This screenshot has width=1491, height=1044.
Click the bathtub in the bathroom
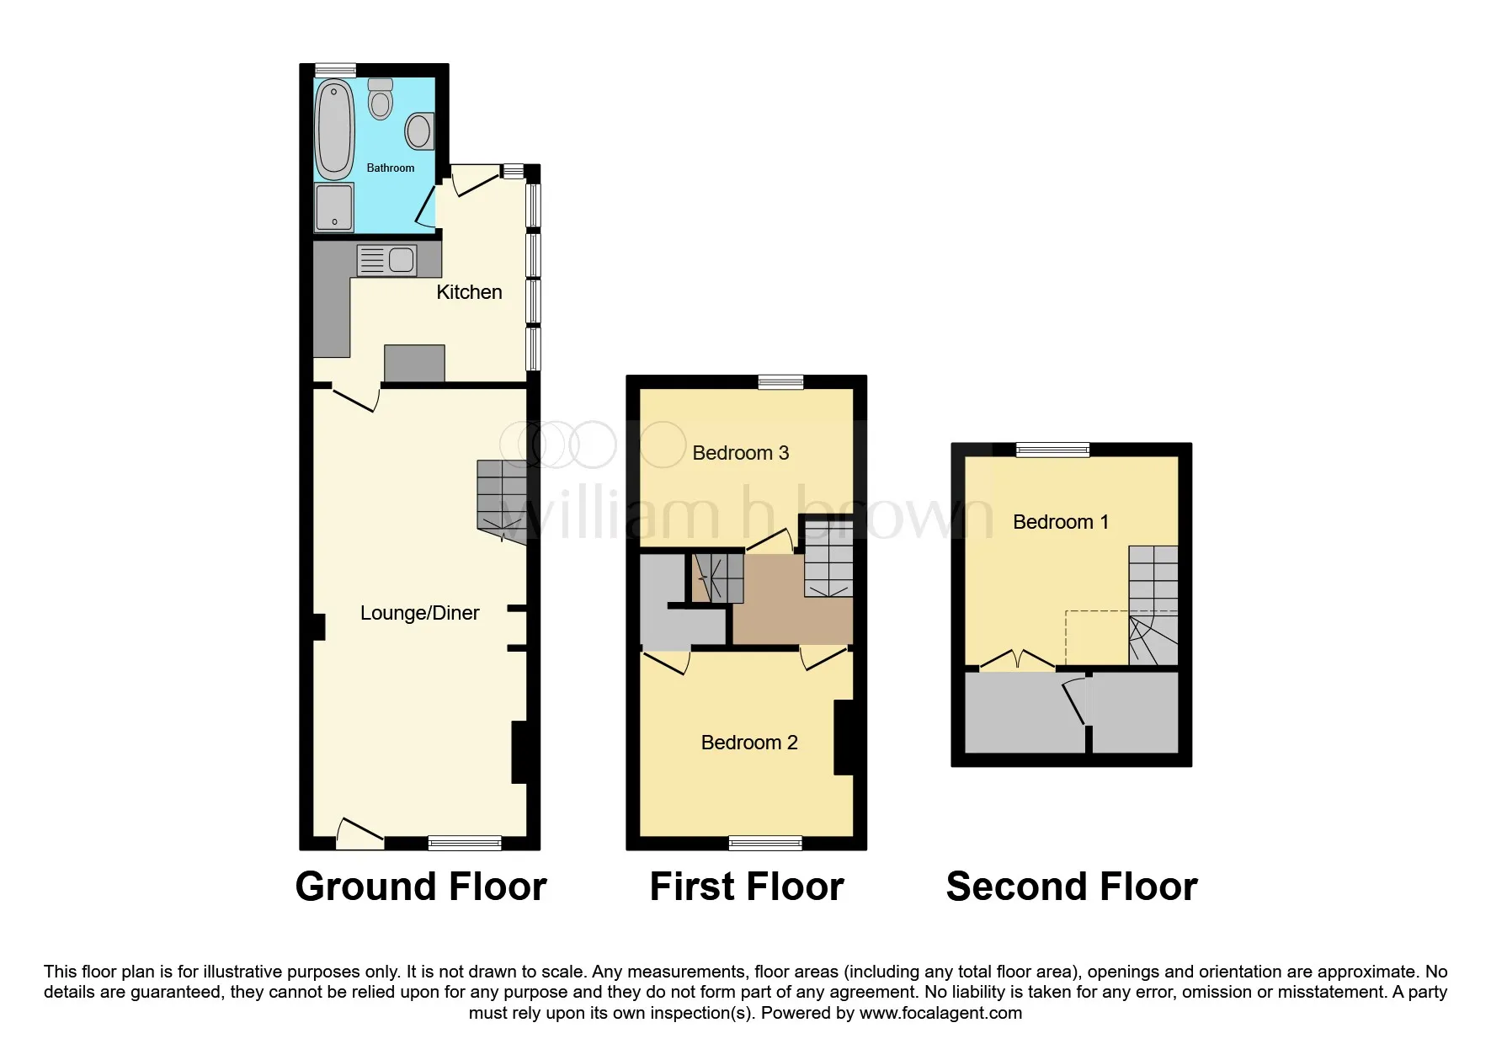[334, 130]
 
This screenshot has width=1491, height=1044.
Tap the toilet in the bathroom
[381, 99]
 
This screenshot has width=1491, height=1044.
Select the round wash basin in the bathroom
[419, 130]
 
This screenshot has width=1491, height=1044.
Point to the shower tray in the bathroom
[334, 207]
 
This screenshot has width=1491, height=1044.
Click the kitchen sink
[387, 260]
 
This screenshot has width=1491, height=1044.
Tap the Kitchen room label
[469, 292]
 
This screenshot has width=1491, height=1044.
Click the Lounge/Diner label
[419, 613]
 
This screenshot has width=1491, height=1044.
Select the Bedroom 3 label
[741, 453]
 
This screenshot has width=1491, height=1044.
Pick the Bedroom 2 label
[749, 743]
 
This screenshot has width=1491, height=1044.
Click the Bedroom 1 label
[1061, 522]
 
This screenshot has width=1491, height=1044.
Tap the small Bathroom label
[391, 168]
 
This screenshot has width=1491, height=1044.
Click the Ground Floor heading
[421, 887]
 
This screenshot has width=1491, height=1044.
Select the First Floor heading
[747, 887]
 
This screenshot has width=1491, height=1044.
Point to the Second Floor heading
[1072, 887]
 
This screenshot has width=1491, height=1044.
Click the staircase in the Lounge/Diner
[503, 502]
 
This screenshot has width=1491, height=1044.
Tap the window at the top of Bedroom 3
[781, 382]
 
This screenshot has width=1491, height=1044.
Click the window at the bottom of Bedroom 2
[765, 843]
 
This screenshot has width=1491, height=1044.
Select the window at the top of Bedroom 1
[1052, 450]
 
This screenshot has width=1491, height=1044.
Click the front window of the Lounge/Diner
[465, 843]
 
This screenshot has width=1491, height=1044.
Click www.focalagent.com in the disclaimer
[940, 1013]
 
